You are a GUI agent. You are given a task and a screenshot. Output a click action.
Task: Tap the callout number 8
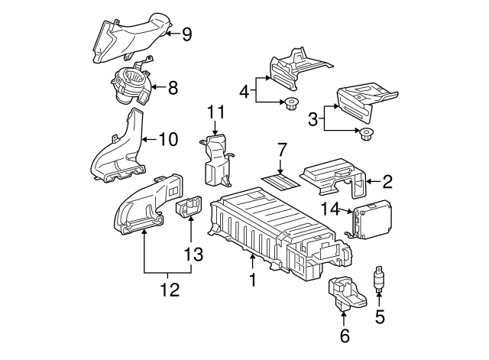pos(173,88)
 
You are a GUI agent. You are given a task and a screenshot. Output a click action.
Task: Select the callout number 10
pos(167,139)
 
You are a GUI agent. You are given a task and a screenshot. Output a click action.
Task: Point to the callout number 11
pos(215,112)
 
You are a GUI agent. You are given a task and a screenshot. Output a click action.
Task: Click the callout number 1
pos(251,281)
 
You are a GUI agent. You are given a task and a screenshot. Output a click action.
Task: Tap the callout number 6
pos(344,336)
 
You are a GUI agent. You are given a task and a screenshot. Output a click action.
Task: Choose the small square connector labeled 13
pos(187,208)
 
